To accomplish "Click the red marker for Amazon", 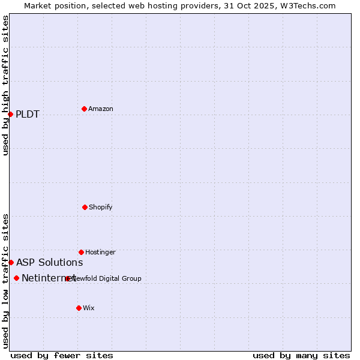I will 84,109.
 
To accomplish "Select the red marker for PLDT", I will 10,114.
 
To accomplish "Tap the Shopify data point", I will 85,207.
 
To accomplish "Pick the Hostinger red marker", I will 81,252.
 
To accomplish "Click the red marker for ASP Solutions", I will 11,262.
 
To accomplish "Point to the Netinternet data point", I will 16,278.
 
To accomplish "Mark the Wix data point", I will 79,308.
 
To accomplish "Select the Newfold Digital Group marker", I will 68,278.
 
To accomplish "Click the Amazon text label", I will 101,109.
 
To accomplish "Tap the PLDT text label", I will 28,115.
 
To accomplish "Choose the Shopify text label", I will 101,207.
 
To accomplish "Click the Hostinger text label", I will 100,252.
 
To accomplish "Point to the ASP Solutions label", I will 50,262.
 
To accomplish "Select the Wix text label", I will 89,308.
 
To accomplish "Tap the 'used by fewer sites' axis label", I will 62,355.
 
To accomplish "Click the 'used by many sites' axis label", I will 301,355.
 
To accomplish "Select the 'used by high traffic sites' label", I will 5,85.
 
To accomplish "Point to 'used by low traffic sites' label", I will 5,281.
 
